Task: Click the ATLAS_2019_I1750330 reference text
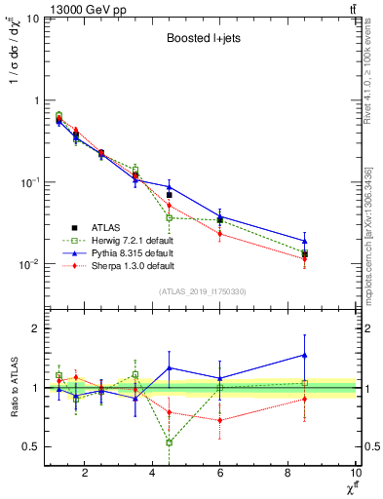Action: click(203, 291)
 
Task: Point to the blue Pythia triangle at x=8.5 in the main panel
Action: click(305, 241)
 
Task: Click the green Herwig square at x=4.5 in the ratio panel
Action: click(170, 442)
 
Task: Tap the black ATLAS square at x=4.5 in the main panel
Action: click(170, 195)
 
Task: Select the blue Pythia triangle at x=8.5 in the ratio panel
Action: click(305, 355)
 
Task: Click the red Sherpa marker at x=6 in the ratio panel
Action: click(220, 420)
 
